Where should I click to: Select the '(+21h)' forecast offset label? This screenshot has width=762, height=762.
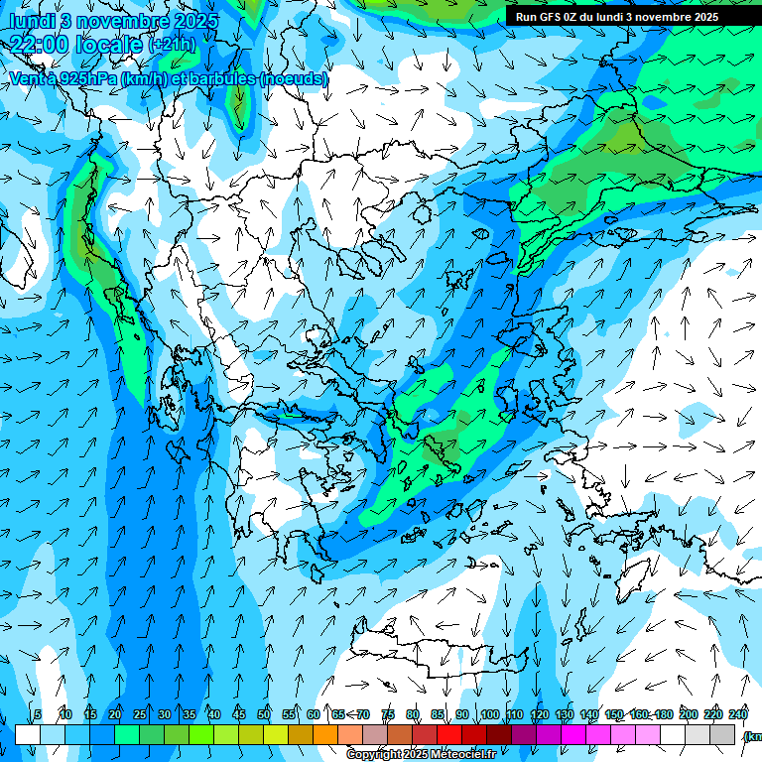171,45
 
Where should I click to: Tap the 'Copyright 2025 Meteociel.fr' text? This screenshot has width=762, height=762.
421,755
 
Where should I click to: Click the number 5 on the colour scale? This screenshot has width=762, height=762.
38,714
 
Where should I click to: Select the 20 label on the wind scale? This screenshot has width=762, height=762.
115,714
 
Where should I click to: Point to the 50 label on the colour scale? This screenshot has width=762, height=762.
264,714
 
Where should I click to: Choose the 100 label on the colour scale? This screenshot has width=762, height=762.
489,714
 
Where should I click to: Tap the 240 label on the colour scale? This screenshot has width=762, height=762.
737,714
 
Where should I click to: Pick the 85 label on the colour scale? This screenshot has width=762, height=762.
438,714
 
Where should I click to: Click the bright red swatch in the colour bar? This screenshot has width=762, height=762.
449,734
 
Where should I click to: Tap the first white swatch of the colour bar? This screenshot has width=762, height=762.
28,734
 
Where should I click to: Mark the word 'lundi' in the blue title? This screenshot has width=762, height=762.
33,20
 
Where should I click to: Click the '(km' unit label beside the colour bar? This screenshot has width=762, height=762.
753,736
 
